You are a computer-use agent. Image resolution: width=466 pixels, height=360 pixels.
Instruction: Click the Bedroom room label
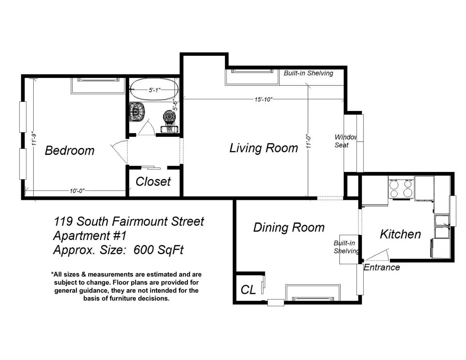(69, 150)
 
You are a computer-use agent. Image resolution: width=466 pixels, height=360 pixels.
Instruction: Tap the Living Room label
(264, 148)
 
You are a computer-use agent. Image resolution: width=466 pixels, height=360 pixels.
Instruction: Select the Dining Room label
(289, 227)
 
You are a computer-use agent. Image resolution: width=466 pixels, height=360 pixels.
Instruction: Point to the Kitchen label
(400, 234)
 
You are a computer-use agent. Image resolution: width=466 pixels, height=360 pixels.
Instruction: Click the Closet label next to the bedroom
(153, 181)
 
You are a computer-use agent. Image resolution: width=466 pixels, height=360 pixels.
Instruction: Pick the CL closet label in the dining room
(248, 290)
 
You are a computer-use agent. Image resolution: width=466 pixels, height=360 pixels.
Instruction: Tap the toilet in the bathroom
(169, 121)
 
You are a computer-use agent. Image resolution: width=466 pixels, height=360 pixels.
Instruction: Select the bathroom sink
(137, 112)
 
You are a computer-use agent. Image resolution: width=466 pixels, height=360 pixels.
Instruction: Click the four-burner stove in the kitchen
(401, 188)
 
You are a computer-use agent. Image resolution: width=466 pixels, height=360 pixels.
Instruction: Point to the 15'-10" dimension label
(263, 99)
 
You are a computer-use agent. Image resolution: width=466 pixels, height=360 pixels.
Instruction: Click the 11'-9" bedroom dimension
(34, 140)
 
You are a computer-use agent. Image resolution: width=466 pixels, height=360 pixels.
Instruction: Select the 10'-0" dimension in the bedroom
(77, 191)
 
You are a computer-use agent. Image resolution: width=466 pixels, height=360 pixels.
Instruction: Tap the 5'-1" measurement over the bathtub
(155, 90)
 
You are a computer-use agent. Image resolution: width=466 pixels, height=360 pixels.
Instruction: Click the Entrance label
(382, 267)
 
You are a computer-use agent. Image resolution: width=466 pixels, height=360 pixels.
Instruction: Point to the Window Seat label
(345, 141)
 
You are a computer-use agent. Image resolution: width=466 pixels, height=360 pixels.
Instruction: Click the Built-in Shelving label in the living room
(308, 73)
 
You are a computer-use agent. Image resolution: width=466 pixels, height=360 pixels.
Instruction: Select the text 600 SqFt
(158, 249)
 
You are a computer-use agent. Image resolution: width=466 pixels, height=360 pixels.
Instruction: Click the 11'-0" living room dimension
(308, 142)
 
